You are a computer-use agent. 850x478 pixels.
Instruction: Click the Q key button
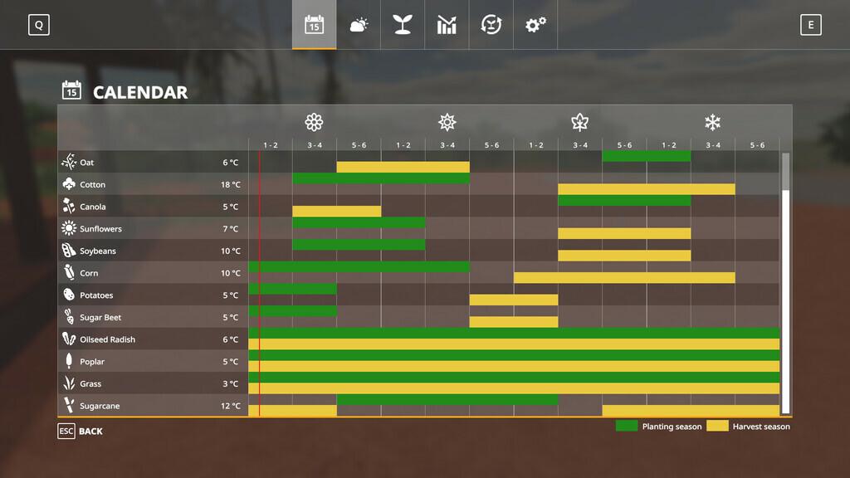[x=38, y=25]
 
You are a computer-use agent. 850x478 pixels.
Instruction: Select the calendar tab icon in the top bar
[x=314, y=25]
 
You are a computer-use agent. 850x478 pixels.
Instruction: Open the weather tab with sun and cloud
[x=359, y=25]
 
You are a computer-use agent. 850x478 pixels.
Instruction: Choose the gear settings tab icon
[x=535, y=25]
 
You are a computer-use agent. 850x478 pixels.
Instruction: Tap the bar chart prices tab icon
[x=447, y=25]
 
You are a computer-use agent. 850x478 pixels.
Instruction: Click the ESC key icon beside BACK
[x=66, y=432]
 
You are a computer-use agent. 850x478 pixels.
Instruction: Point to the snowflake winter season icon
[x=712, y=123]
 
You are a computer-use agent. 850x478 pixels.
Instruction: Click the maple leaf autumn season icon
[x=579, y=123]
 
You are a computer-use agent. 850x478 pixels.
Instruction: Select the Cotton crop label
[x=92, y=184]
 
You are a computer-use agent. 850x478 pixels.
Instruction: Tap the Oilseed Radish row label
[x=107, y=339]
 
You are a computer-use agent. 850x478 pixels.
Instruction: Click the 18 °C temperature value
[x=231, y=184]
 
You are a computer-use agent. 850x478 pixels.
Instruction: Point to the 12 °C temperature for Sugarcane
[x=231, y=406]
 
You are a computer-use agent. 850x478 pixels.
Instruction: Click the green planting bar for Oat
[x=646, y=156]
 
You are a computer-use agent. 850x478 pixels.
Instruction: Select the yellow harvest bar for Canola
[x=336, y=211]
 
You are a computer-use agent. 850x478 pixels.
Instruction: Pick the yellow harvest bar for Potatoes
[x=513, y=300]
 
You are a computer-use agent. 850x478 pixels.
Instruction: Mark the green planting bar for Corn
[x=359, y=266]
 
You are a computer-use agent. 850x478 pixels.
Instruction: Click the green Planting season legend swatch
[x=627, y=426]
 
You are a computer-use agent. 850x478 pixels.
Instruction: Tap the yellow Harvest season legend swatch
[x=717, y=426]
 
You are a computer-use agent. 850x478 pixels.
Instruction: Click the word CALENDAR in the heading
[x=140, y=92]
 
